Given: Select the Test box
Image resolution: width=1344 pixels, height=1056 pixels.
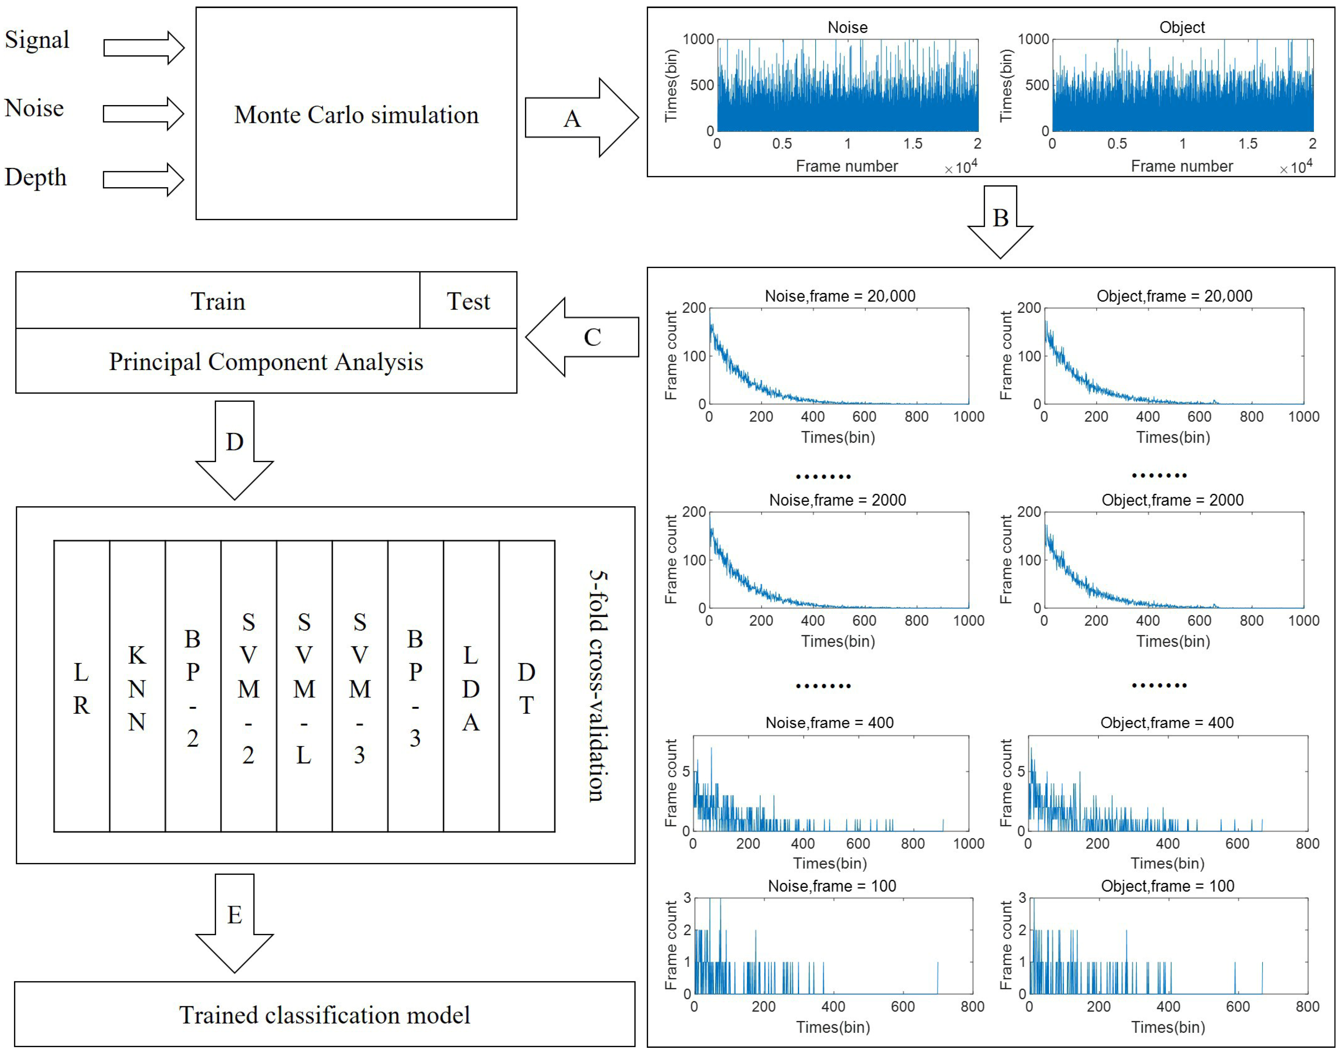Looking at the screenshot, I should click(x=468, y=301).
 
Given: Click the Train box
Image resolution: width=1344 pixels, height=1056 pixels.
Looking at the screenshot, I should click(x=217, y=301).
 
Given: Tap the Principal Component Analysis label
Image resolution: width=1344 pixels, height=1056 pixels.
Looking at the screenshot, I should click(x=266, y=362).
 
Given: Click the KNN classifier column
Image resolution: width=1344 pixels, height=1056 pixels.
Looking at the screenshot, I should click(x=137, y=686).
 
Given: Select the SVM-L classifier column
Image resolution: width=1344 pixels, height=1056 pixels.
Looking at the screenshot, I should click(x=304, y=686).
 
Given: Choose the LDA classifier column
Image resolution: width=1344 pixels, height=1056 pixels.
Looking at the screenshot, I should click(x=471, y=686).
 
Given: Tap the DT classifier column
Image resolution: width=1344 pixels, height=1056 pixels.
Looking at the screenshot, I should click(x=526, y=686).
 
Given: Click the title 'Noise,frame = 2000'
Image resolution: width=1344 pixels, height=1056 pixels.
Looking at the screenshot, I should click(x=837, y=500).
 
